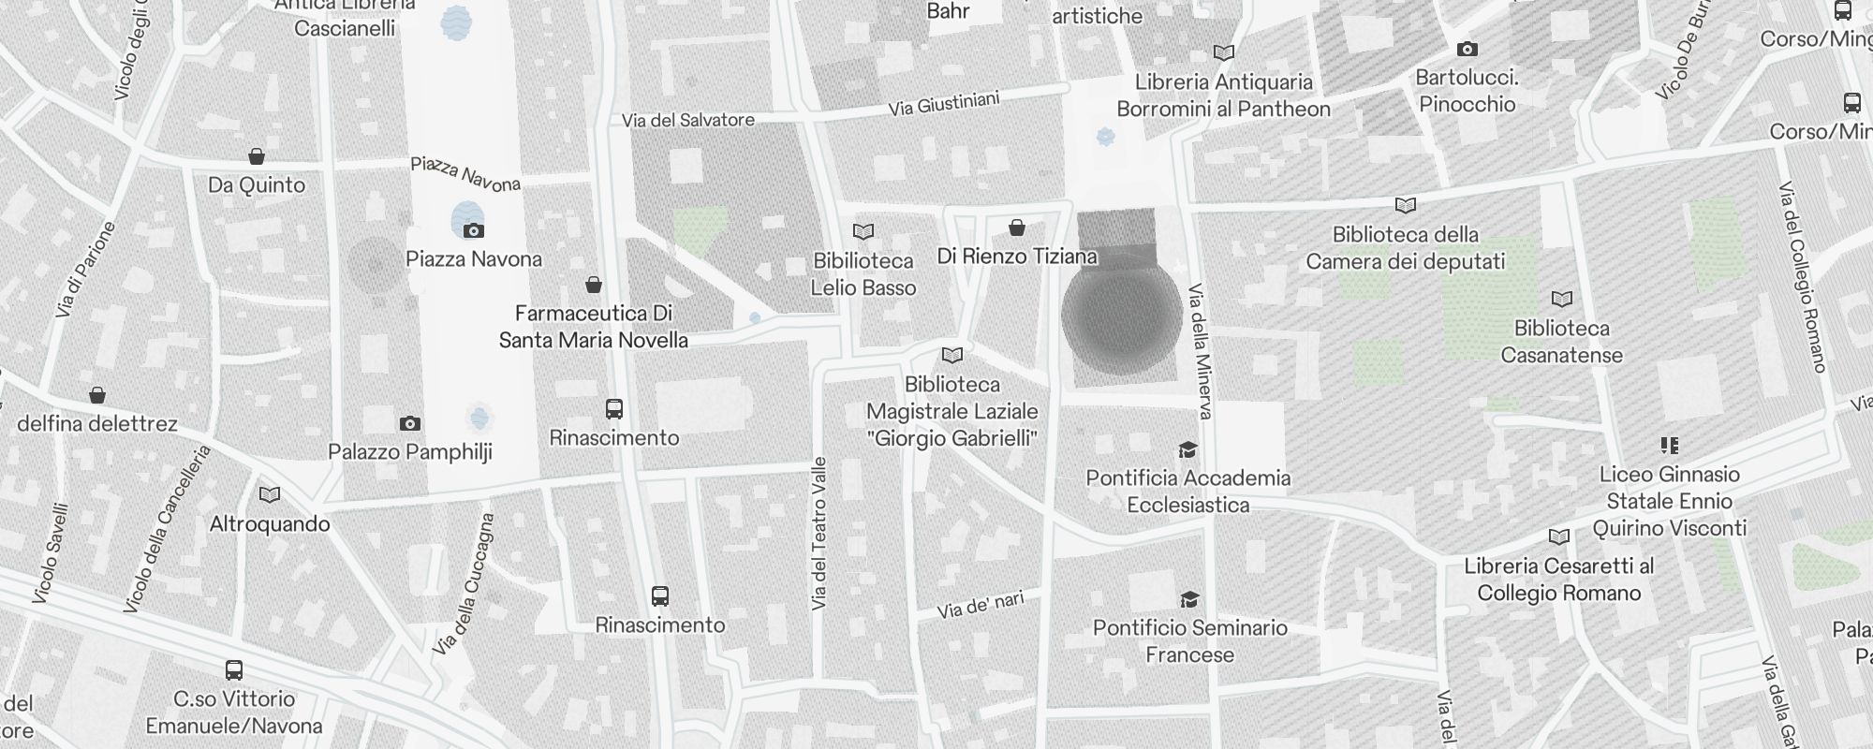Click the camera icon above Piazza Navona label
pos(474,230)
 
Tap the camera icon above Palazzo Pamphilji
pos(409,424)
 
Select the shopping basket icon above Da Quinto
pos(257,156)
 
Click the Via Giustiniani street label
pos(944,104)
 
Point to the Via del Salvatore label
pos(688,120)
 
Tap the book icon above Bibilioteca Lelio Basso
pos(863,231)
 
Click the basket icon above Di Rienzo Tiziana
pos(1017,228)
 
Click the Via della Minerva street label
pos(1201,351)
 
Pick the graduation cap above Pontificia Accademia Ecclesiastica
pos(1187,450)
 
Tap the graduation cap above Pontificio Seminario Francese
pos(1189,599)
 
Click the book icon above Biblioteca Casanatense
pos(1561,300)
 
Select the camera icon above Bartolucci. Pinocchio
pos(1467,49)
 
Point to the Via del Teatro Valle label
pos(820,534)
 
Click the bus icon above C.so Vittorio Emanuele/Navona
pos(234,670)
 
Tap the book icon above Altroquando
pos(270,495)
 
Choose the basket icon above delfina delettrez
pos(97,395)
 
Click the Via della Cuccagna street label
pos(465,584)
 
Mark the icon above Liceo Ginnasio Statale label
pos(1670,446)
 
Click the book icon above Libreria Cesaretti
pos(1559,537)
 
